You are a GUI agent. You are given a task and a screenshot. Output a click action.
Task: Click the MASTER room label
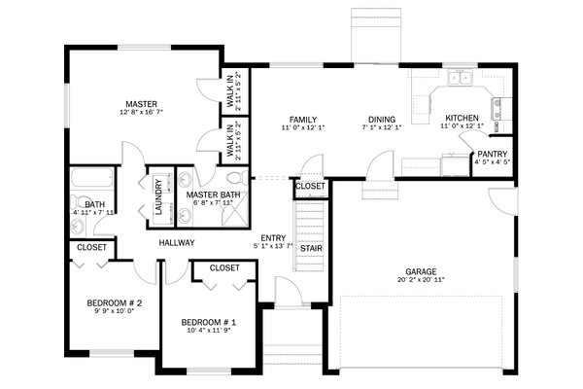(x=141, y=104)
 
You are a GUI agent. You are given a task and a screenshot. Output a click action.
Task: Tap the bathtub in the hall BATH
(x=91, y=181)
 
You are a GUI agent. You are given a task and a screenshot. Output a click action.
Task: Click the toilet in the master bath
(x=233, y=179)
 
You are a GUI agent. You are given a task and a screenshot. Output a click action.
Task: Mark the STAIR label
(x=310, y=248)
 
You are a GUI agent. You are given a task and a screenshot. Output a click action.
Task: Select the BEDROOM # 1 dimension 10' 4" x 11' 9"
(x=209, y=332)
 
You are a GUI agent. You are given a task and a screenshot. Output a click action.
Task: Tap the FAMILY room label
(x=300, y=119)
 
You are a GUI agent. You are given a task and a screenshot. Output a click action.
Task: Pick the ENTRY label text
(x=274, y=237)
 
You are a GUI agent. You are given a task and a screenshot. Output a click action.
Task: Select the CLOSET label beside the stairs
(x=310, y=185)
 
